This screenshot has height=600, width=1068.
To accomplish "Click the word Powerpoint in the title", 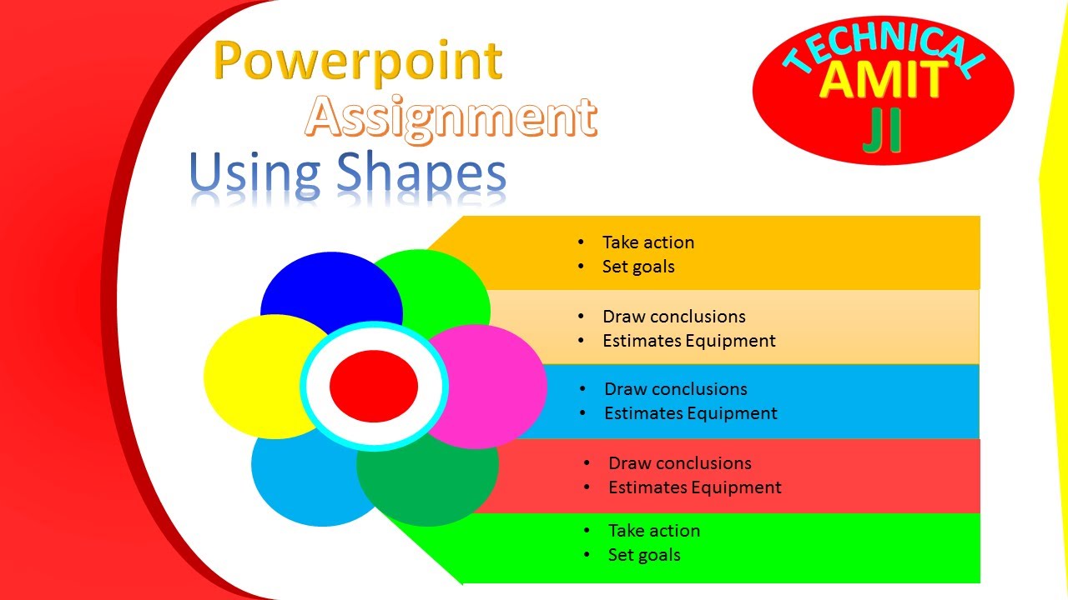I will click(x=358, y=62).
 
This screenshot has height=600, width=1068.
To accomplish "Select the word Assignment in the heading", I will click(x=451, y=117).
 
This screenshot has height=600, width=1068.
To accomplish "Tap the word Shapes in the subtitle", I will click(x=421, y=172).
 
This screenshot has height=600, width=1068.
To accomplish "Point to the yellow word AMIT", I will click(x=883, y=81).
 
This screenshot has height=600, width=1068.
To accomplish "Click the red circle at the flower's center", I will click(x=374, y=386).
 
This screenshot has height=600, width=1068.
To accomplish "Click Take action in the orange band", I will click(x=648, y=242).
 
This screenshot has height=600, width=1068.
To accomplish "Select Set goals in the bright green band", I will click(x=644, y=555).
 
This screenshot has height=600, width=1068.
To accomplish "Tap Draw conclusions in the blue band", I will click(x=676, y=389).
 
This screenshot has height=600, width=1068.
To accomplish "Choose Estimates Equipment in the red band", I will click(x=695, y=487).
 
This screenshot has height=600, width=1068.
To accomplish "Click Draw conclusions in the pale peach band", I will click(x=674, y=317).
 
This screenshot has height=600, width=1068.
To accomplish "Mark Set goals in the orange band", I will click(x=638, y=267).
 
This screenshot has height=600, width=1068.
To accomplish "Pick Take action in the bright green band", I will click(x=654, y=531).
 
